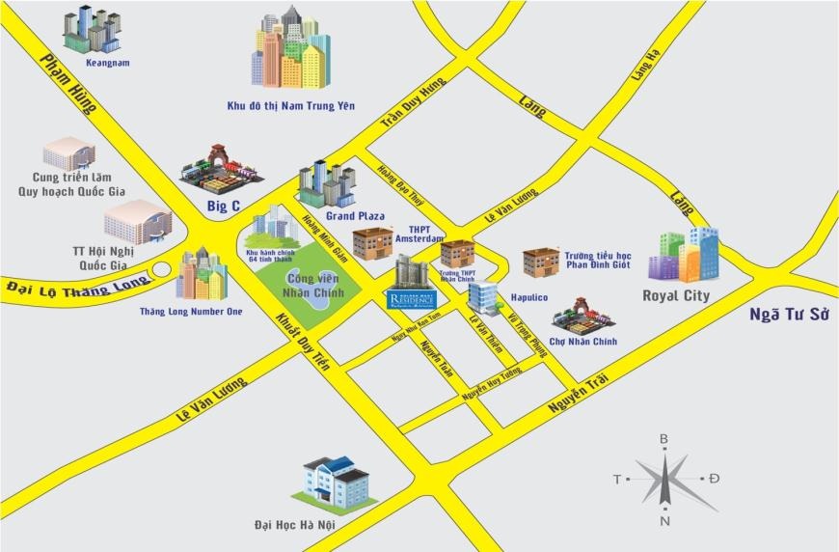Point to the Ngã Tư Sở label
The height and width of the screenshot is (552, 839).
pos(790,316)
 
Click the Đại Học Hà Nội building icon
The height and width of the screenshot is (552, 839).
pos(336,482)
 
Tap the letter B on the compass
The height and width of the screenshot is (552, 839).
pos(663,439)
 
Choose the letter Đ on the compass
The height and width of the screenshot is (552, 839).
pos(714,479)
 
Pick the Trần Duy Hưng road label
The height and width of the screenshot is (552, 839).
pos(415,103)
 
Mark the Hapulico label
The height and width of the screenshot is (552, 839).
pos(528,298)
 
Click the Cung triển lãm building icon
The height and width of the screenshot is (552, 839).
pos(69,153)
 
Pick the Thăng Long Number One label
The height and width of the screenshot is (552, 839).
pos(191,312)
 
